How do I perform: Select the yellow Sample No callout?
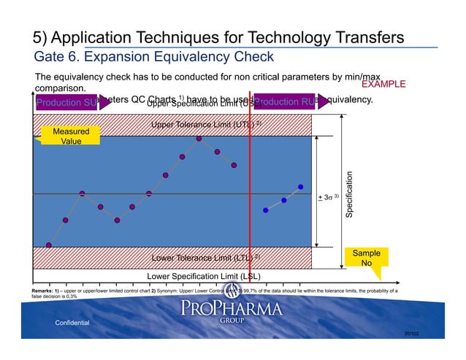pyautogui.click(x=366, y=257)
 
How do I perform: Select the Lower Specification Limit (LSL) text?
pyautogui.click(x=204, y=276)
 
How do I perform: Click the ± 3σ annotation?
pyautogui.click(x=329, y=198)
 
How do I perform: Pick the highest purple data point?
pyautogui.click(x=199, y=138)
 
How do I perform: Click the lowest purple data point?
pyautogui.click(x=49, y=245)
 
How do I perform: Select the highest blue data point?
pyautogui.click(x=300, y=187)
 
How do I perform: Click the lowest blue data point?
pyautogui.click(x=266, y=210)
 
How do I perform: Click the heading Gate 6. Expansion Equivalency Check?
pyautogui.click(x=154, y=57)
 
